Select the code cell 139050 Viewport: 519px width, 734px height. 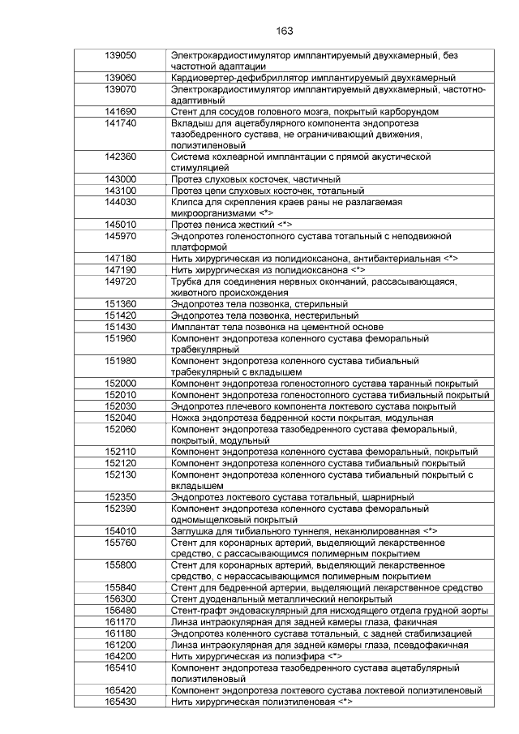(121, 55)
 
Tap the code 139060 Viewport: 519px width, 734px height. (121, 78)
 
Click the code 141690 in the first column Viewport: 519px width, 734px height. (121, 111)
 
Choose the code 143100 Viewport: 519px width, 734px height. (121, 191)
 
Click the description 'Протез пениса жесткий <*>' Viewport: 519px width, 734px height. (231, 225)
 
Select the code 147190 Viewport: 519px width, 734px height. (121, 269)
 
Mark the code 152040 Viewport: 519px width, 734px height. (121, 417)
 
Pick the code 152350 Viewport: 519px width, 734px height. (121, 496)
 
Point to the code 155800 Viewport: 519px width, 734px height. (121, 564)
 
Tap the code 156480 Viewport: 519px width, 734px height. (121, 610)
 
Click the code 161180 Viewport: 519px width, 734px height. (121, 633)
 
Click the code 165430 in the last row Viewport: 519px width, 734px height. (121, 701)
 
